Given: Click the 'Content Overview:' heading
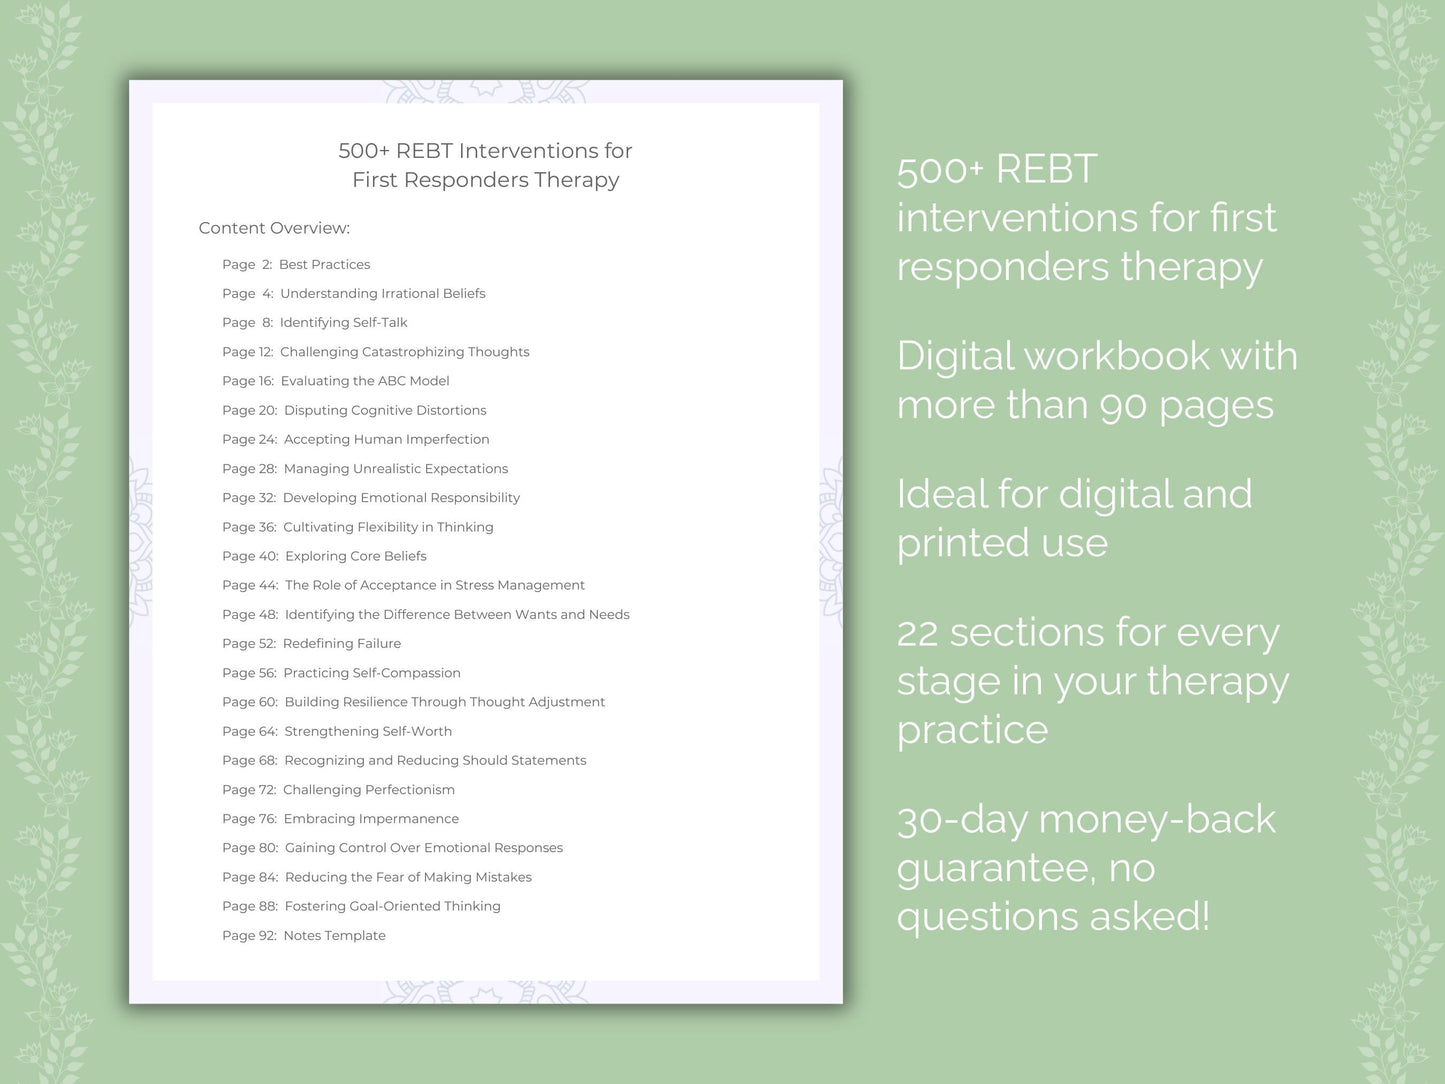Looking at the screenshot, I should coord(274,228).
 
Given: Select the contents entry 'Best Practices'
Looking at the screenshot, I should coord(324,265).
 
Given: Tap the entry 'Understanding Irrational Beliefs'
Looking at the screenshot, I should coord(382,294).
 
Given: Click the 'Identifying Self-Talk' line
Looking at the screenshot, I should coord(343,323).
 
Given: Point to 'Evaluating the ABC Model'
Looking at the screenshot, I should coord(365,381).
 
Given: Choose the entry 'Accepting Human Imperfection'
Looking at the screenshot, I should coord(386,440).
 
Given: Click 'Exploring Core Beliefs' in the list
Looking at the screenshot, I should coord(355,556).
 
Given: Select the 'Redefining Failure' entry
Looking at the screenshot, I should coord(342,644).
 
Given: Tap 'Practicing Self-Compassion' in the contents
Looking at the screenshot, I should coord(372,673).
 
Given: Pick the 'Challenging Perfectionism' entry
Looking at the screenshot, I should coord(368,790).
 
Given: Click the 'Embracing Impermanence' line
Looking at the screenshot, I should coord(371,819).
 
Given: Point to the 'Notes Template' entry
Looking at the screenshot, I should coord(334,936).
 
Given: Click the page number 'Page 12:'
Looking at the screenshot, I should coord(247,352).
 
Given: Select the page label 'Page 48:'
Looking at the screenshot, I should coord(250,615).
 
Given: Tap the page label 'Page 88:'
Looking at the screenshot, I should coord(250,907).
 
